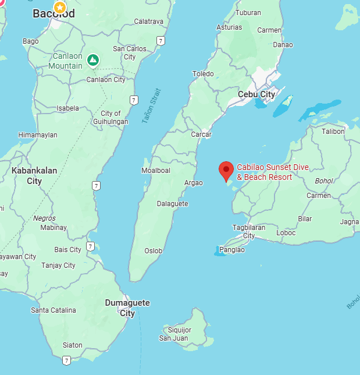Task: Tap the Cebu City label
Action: pyautogui.click(x=256, y=94)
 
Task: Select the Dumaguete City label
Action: pyautogui.click(x=127, y=308)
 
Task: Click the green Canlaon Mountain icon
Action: pyautogui.click(x=92, y=59)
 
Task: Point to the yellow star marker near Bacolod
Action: pyautogui.click(x=59, y=8)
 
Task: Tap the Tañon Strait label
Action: pyautogui.click(x=149, y=105)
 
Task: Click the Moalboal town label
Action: pyautogui.click(x=156, y=171)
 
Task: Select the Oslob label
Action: pyautogui.click(x=154, y=251)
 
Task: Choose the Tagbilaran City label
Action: pyautogui.click(x=249, y=231)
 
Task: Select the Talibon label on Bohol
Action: pyautogui.click(x=333, y=132)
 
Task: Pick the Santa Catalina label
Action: pyautogui.click(x=54, y=310)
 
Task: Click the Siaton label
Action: pyautogui.click(x=72, y=345)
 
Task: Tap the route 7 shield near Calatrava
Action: pyautogui.click(x=161, y=41)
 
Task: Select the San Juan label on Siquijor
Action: pyautogui.click(x=173, y=338)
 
